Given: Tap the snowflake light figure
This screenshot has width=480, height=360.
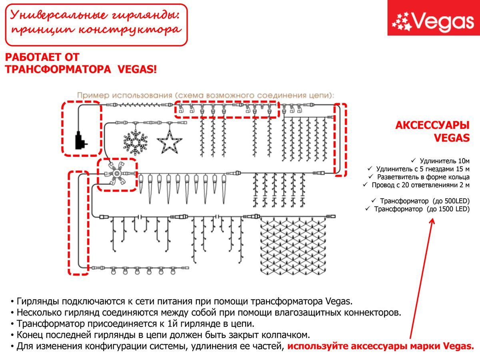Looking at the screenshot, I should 135,141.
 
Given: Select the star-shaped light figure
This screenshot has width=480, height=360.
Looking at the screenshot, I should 169,141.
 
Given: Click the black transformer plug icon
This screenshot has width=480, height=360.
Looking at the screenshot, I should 81,141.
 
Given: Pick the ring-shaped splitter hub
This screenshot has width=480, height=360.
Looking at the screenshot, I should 117,175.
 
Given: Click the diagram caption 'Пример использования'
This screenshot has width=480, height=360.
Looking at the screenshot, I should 125,96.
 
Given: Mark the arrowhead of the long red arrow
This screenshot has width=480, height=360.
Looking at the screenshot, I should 432,220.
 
